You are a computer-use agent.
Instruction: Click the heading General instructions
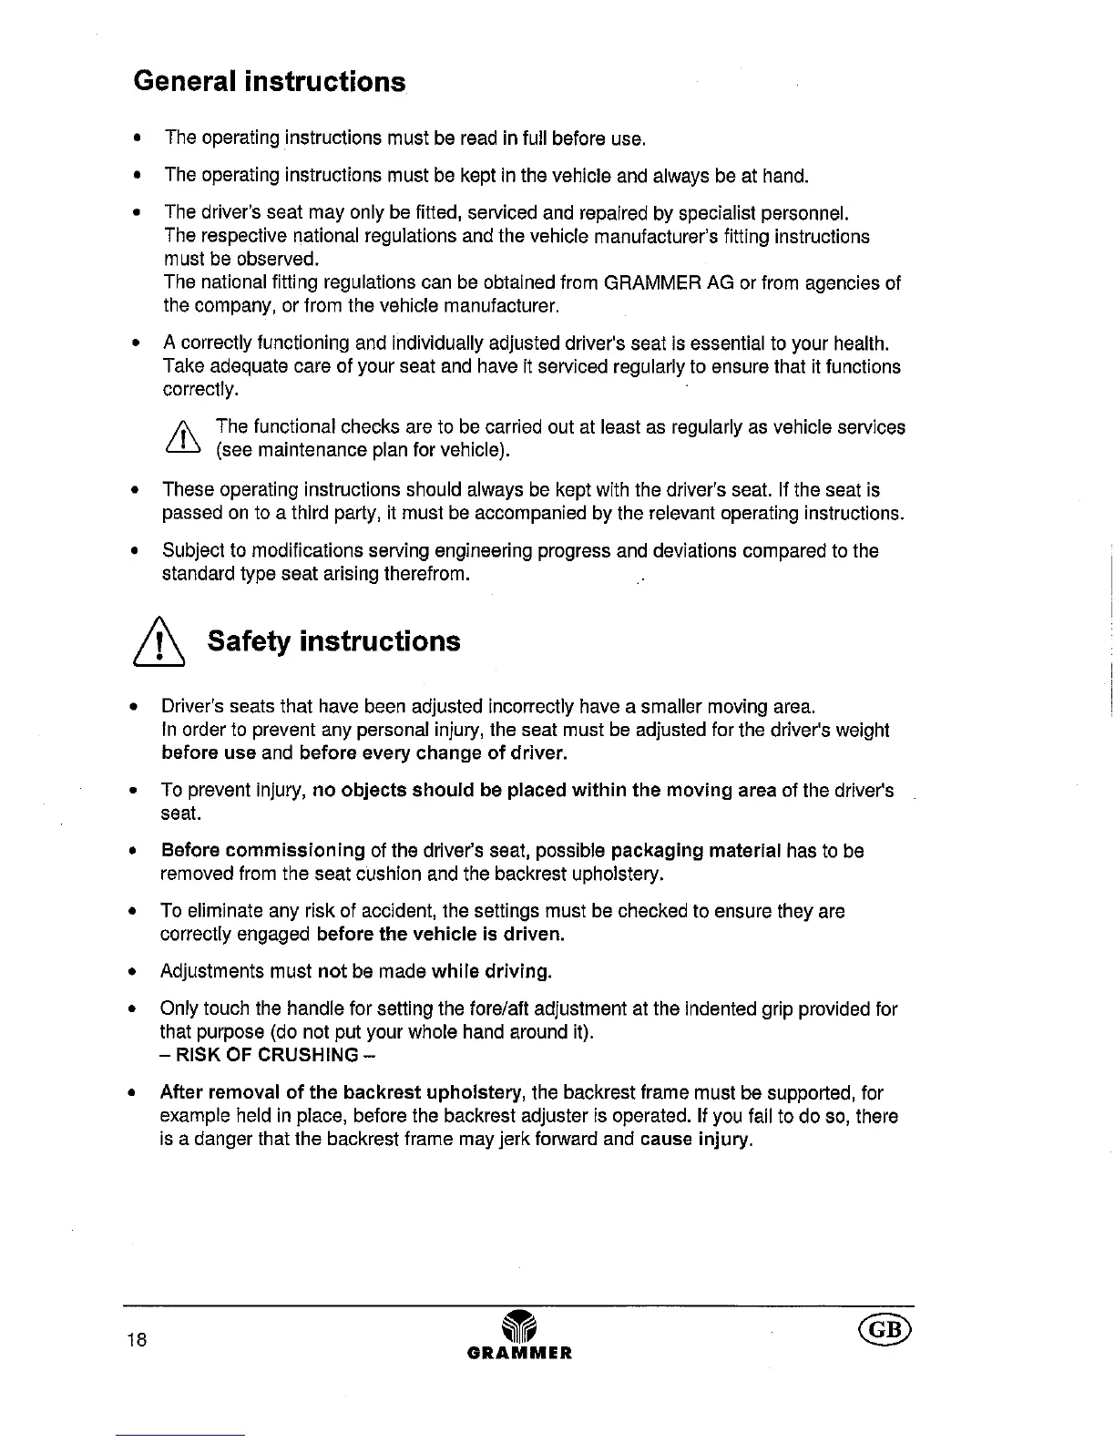pos(269,82)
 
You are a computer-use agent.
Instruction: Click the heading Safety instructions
pos(333,641)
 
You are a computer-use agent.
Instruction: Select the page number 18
pos(138,1339)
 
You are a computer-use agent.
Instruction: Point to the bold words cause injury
pos(696,1141)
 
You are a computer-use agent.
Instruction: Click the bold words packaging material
pos(696,851)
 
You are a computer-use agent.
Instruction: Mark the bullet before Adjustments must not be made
pos(133,972)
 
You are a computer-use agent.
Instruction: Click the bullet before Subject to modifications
pos(133,551)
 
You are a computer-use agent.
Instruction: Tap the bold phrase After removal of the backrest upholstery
pos(341,1093)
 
